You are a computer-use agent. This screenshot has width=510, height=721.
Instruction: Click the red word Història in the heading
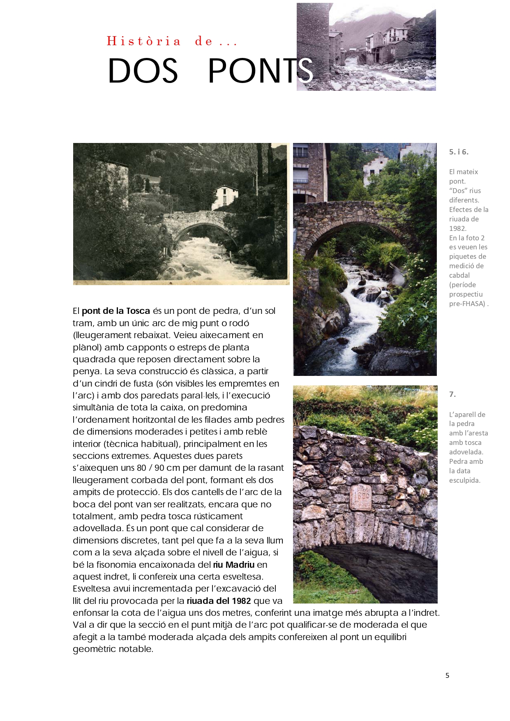click(144, 41)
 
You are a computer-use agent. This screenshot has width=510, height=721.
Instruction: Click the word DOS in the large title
click(143, 71)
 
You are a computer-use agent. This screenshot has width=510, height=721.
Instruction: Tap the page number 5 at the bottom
click(447, 675)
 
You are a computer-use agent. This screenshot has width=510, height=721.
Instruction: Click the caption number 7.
click(452, 394)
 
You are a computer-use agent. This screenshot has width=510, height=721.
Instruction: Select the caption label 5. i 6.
click(459, 152)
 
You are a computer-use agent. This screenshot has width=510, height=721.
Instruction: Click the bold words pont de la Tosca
click(116, 311)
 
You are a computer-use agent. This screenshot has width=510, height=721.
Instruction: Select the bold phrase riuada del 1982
click(219, 601)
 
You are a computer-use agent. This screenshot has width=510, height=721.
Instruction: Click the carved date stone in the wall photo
click(360, 497)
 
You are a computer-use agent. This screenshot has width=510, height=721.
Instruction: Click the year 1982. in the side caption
click(457, 228)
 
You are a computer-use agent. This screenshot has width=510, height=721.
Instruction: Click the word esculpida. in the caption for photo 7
click(464, 480)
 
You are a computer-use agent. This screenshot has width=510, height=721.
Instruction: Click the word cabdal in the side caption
click(459, 276)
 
